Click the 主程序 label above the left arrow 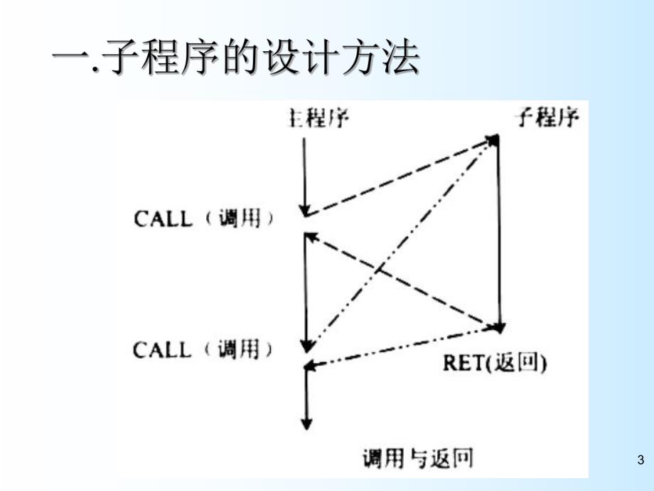318,117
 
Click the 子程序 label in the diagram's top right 548,117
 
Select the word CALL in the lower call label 163,350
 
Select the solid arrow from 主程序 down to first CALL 304,174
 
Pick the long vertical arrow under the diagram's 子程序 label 500,235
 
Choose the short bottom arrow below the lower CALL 306,398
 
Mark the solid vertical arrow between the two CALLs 306,292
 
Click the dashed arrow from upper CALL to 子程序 402,176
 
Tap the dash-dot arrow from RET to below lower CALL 402,347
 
